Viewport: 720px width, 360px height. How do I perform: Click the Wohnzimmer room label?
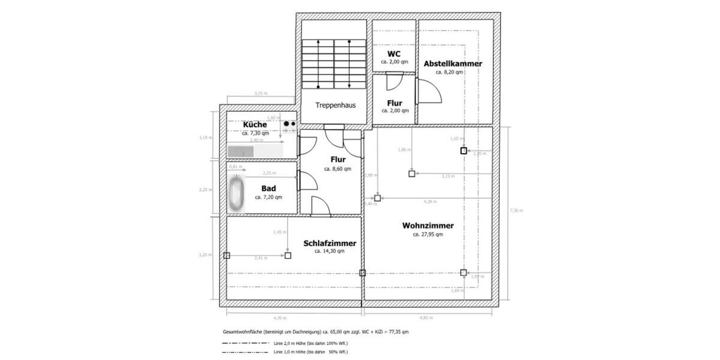pyautogui.click(x=428, y=226)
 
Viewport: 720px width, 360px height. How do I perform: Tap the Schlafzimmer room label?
pyautogui.click(x=329, y=243)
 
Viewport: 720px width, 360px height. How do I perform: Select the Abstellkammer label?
pyautogui.click(x=452, y=63)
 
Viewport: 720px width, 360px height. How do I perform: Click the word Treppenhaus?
pyautogui.click(x=335, y=104)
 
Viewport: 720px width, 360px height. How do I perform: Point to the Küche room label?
pyautogui.click(x=254, y=124)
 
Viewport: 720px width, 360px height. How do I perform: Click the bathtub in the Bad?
pyautogui.click(x=235, y=193)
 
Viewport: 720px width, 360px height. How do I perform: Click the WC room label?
pyautogui.click(x=394, y=53)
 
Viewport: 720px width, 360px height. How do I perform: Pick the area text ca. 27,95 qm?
pyautogui.click(x=428, y=235)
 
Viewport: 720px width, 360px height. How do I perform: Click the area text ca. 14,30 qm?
pyautogui.click(x=329, y=251)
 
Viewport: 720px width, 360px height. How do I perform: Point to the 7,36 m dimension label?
pyautogui.click(x=515, y=211)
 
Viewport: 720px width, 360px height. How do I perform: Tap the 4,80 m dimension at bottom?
pyautogui.click(x=425, y=317)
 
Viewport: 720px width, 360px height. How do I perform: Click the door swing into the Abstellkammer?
pyautogui.click(x=430, y=90)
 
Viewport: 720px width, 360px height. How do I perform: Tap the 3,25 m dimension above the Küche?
pyautogui.click(x=260, y=94)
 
